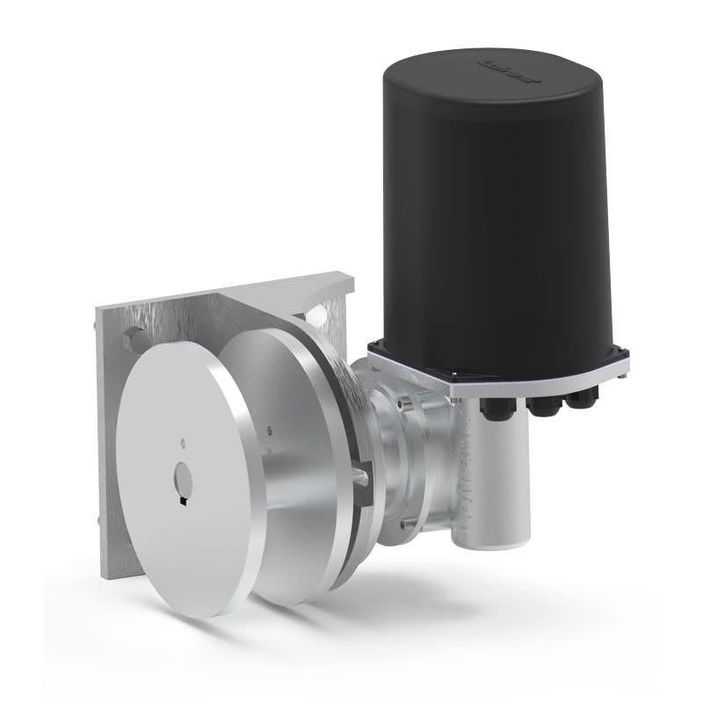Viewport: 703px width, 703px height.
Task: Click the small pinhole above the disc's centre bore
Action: click(181, 441)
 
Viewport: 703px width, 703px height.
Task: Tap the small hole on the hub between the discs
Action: click(265, 431)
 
